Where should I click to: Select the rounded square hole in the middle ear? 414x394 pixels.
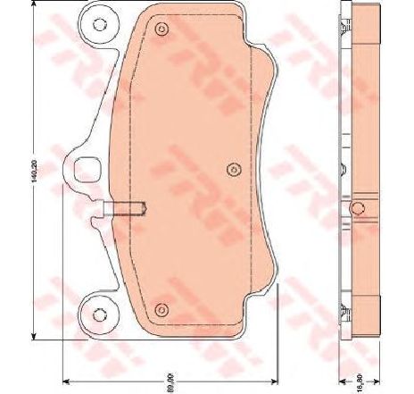(88, 167)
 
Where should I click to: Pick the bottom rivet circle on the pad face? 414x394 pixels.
(161, 309)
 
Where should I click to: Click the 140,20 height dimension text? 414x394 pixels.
(34, 170)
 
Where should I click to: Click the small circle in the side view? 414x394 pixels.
(358, 210)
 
